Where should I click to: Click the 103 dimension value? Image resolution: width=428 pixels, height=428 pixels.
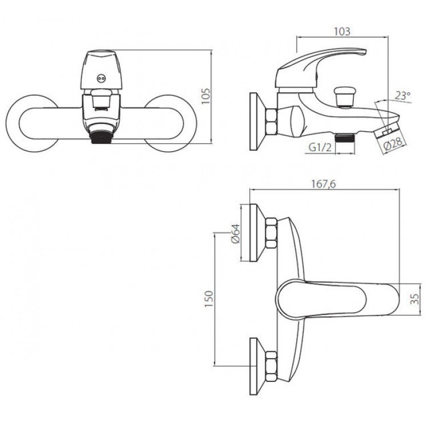tap(342, 31)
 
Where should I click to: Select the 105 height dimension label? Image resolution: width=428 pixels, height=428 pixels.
tap(206, 96)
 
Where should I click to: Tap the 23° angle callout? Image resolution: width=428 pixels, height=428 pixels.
tap(403, 96)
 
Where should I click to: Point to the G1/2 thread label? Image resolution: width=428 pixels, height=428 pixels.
tap(320, 147)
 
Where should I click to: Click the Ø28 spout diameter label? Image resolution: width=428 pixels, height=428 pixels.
tap(393, 144)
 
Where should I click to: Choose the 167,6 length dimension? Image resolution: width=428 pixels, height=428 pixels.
tap(324, 184)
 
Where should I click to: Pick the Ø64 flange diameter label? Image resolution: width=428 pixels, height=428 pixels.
tap(235, 233)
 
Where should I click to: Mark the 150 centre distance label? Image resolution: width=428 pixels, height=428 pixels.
tap(209, 298)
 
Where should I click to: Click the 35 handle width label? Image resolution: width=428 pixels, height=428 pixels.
tap(414, 298)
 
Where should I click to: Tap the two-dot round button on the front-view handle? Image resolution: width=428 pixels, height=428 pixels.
tap(101, 79)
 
